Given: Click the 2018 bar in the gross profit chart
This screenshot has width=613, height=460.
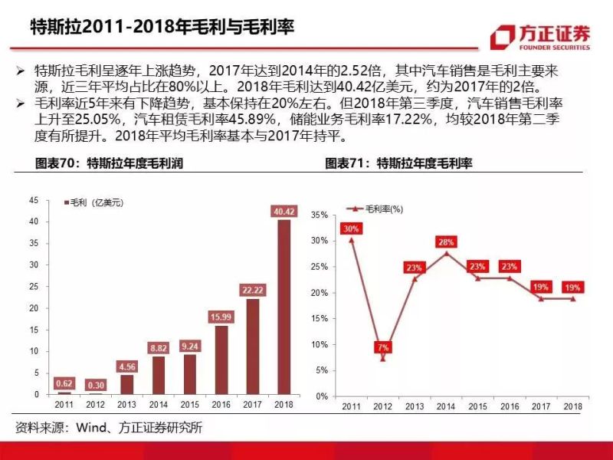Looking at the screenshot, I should (x=284, y=307).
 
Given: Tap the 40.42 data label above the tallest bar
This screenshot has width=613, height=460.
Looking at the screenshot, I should (x=284, y=211).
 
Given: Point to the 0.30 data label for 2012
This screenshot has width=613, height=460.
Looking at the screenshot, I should (x=97, y=385).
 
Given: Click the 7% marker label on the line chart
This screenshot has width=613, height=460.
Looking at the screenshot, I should (x=382, y=347).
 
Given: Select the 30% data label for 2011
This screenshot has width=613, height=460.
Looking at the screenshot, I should (x=352, y=228).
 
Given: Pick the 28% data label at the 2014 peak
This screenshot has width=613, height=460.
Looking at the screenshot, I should (x=447, y=242).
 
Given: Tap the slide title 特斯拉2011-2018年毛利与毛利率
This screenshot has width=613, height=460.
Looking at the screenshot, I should (x=161, y=28).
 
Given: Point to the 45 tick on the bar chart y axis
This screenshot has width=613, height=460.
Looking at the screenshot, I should (x=33, y=200).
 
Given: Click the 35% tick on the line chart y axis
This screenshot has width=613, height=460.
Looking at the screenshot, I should (x=320, y=215).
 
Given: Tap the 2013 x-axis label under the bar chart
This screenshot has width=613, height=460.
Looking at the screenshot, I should (x=126, y=404).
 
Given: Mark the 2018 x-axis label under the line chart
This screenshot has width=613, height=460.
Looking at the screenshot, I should (x=572, y=406).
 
